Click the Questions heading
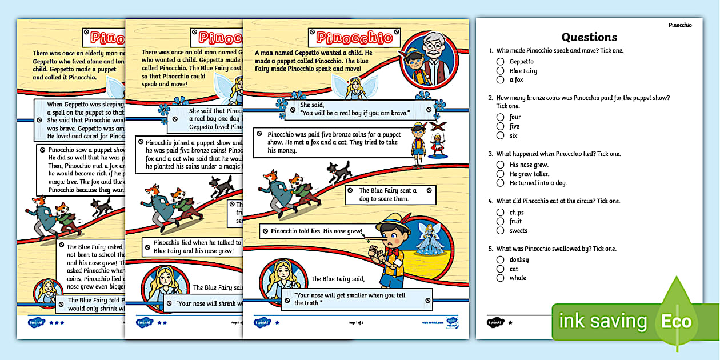click(589, 37)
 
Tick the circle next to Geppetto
click(500, 62)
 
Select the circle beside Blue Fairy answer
click(500, 71)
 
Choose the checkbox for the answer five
click(500, 126)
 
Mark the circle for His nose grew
click(500, 165)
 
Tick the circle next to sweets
click(500, 231)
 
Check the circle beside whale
click(500, 278)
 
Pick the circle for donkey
click(500, 260)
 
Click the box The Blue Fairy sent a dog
click(390, 195)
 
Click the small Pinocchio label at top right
click(680, 25)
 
